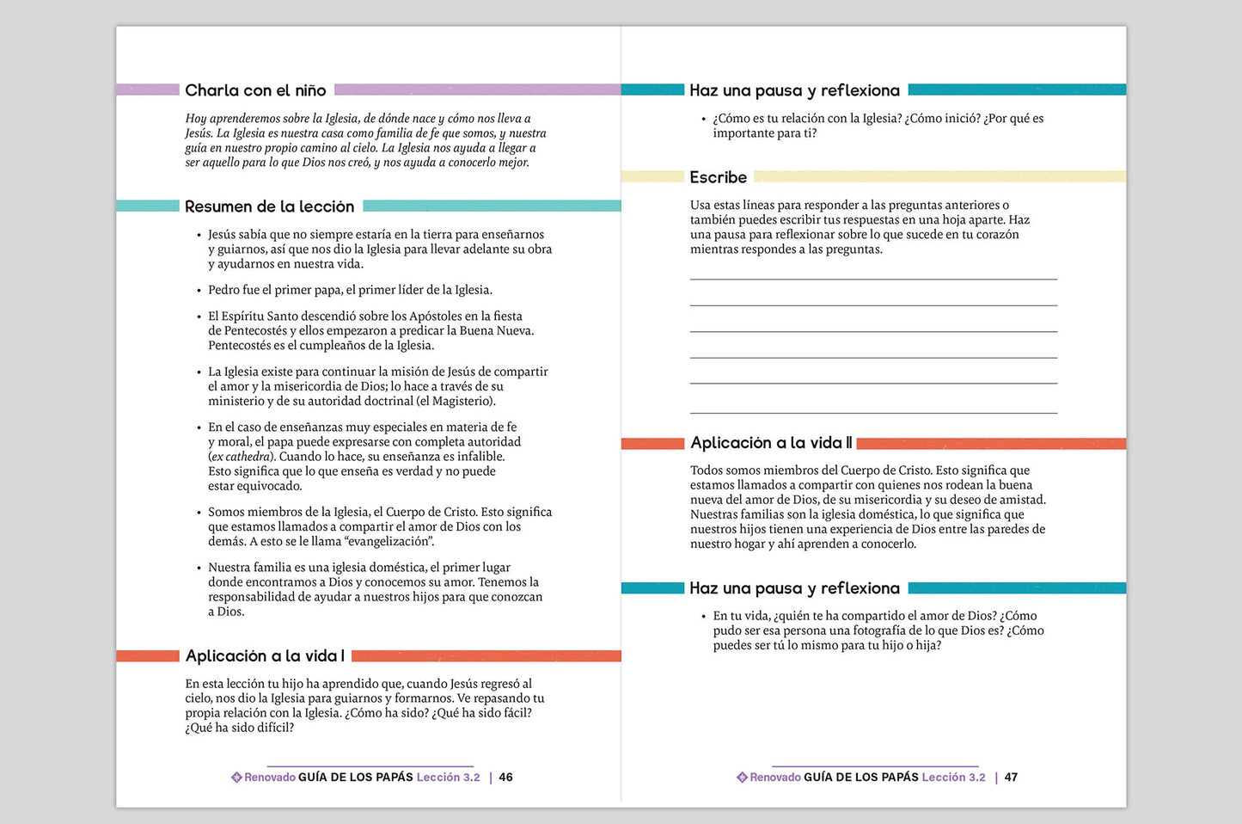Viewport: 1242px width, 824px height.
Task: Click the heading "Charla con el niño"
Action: point(255,90)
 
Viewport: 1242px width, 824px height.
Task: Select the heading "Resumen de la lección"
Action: point(269,206)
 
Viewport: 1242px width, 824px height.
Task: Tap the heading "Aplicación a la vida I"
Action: point(265,656)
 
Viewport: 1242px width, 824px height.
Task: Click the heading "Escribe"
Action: point(718,177)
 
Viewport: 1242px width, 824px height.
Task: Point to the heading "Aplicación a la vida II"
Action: point(771,443)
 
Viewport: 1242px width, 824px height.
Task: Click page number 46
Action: point(505,778)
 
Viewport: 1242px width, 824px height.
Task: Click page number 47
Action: point(1011,778)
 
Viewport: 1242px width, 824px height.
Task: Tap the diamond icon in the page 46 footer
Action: point(236,778)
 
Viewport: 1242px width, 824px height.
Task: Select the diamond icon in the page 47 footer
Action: point(742,778)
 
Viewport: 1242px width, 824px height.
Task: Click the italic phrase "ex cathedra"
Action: point(242,457)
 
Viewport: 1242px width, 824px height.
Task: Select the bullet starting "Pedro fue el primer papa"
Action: point(350,290)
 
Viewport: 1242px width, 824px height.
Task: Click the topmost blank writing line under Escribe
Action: point(873,279)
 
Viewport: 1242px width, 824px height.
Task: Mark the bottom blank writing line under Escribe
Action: point(873,413)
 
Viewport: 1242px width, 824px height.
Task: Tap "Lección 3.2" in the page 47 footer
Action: point(953,778)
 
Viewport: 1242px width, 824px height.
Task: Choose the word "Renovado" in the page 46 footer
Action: point(270,778)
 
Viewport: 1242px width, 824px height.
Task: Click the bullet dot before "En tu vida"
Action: point(704,617)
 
